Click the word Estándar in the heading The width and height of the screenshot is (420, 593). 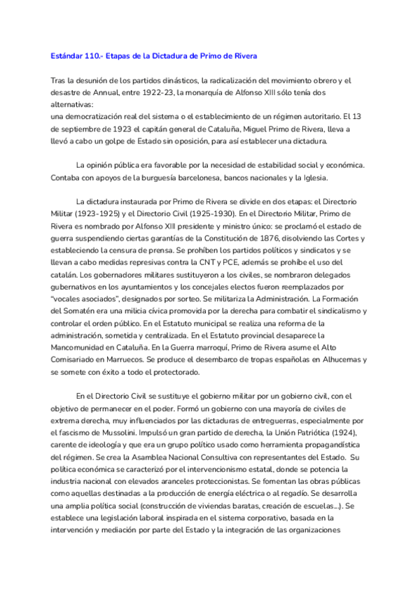click(68, 55)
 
